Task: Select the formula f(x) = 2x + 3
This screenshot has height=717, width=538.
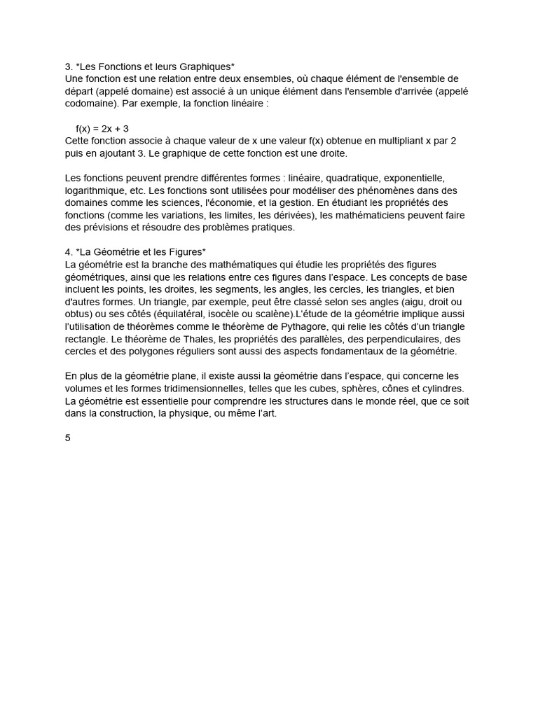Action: (x=102, y=129)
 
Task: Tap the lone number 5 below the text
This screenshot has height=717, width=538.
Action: (x=68, y=438)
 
